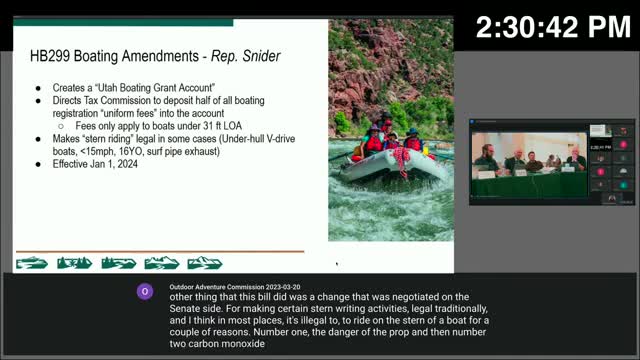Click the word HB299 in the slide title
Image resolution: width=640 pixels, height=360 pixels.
(x=50, y=59)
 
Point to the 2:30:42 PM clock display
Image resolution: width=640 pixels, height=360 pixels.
(x=552, y=28)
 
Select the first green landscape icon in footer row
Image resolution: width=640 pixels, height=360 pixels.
(x=32, y=263)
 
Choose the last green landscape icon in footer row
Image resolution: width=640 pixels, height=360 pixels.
(x=205, y=263)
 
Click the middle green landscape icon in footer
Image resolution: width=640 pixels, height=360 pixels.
(x=118, y=263)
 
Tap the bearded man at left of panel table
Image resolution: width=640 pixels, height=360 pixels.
(x=487, y=160)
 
